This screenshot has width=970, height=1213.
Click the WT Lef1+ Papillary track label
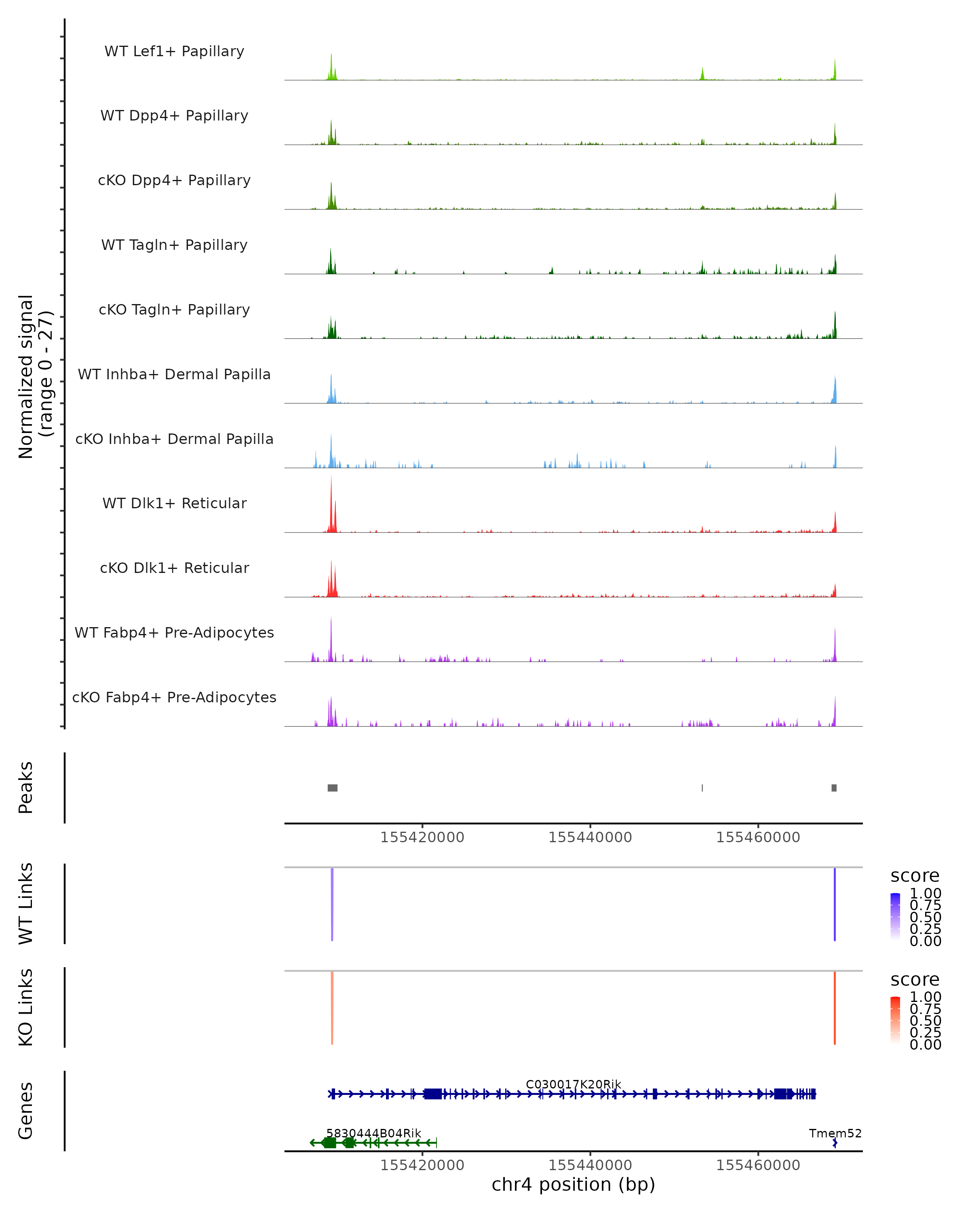tap(174, 51)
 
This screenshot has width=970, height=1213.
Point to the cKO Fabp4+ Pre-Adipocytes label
tap(174, 697)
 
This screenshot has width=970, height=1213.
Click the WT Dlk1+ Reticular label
tap(174, 503)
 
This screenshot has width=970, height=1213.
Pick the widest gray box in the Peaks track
tap(332, 788)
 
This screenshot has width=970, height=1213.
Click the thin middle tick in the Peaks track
tap(702, 788)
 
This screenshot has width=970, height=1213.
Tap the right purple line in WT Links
tap(835, 904)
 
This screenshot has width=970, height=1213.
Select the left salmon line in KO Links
tap(332, 1008)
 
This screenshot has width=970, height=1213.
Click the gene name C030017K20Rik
tap(573, 1084)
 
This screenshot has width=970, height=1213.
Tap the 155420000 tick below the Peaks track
tap(422, 837)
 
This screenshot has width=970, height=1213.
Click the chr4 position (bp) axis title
tap(573, 1184)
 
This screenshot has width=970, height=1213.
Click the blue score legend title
tap(915, 876)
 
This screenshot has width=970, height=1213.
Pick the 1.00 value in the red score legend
tap(926, 997)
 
